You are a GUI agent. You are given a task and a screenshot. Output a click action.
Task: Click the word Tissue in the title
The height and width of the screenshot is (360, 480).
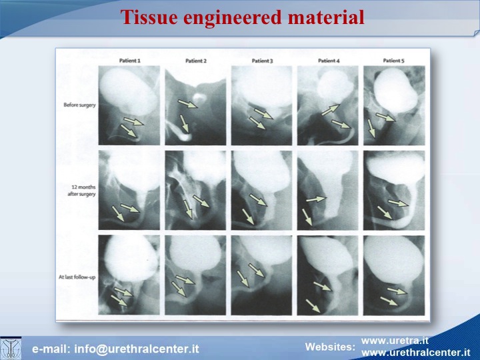(149, 17)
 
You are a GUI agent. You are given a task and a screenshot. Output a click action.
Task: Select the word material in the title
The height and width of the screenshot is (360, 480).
(326, 17)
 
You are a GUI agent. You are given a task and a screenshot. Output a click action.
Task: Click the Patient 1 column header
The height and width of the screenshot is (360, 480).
(130, 61)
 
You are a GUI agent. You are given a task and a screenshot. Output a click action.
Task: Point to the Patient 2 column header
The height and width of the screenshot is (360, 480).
(196, 61)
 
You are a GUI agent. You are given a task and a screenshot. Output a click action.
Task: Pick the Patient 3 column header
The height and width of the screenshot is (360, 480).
(263, 61)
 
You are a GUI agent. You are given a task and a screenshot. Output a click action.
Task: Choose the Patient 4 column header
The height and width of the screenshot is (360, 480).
(329, 61)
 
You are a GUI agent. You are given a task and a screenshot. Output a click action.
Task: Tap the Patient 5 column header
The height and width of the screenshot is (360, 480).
(394, 61)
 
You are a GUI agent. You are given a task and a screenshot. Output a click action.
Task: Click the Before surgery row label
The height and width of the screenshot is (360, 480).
(79, 105)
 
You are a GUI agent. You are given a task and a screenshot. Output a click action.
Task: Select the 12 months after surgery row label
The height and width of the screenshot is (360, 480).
(82, 191)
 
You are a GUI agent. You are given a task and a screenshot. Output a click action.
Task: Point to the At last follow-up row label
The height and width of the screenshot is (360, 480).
(77, 277)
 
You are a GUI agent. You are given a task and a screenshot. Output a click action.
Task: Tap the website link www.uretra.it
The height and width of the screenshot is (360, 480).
(395, 341)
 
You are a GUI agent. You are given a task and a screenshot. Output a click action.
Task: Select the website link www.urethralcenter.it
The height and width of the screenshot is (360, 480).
(416, 353)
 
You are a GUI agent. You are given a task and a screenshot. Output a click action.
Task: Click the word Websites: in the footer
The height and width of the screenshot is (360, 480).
(330, 347)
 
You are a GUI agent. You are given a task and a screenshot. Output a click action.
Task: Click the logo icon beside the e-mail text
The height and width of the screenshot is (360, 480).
(11, 348)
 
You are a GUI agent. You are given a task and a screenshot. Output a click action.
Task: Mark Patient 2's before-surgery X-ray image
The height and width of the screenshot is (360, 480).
(195, 105)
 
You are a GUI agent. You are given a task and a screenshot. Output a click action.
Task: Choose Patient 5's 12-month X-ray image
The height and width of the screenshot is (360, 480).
(394, 190)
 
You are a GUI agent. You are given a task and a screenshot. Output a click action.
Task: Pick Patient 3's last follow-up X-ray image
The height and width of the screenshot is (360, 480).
(262, 275)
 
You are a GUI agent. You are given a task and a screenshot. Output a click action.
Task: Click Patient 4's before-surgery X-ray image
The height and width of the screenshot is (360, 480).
(327, 105)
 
